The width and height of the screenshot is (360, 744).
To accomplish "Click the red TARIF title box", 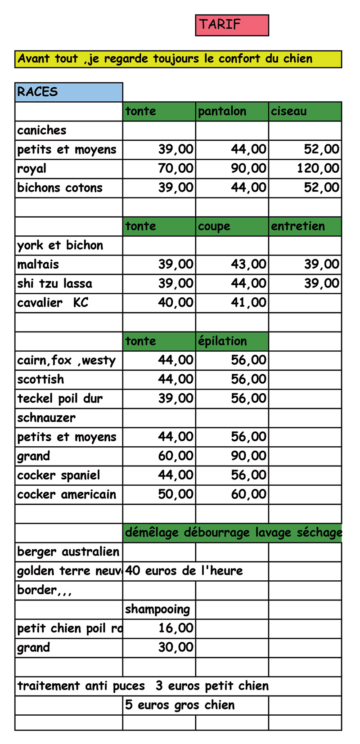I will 232,25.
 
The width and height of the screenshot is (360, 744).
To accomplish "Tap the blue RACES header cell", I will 68,92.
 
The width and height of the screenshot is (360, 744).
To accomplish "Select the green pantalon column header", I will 232,112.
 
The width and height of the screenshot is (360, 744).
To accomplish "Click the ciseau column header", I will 305,112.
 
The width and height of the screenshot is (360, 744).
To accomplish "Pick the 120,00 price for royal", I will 318,169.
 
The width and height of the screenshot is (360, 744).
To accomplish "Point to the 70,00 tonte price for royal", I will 175,169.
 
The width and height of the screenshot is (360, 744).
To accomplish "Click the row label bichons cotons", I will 60,188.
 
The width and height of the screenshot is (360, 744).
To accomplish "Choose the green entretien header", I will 305,226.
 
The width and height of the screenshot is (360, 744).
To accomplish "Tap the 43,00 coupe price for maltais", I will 248,264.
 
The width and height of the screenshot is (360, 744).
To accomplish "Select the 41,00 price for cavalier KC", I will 248,303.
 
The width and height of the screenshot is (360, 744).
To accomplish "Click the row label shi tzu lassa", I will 54,284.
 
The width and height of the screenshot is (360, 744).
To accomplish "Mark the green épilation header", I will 232,341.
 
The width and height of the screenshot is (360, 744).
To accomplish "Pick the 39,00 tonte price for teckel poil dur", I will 175,399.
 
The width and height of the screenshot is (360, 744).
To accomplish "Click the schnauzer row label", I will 46,418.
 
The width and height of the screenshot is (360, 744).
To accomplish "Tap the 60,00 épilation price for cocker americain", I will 248,494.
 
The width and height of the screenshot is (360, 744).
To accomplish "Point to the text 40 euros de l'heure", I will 184,571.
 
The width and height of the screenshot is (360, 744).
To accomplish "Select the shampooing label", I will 157,609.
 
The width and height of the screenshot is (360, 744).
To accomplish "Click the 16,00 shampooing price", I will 175,628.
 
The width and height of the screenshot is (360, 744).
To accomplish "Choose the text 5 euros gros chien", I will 180,705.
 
